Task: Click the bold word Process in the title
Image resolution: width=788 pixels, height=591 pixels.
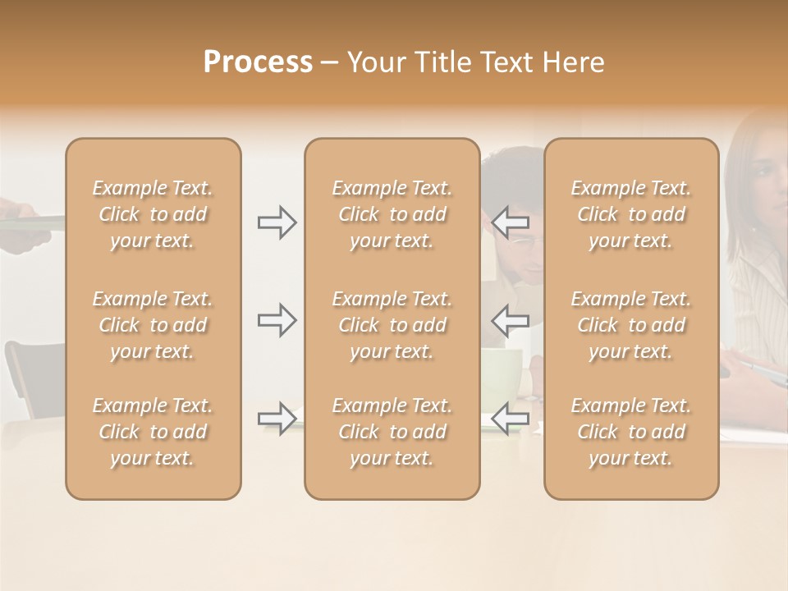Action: pyautogui.click(x=258, y=62)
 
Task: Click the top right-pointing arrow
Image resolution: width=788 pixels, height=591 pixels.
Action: pyautogui.click(x=277, y=222)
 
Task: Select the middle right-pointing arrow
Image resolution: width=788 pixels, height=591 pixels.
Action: pyautogui.click(x=277, y=320)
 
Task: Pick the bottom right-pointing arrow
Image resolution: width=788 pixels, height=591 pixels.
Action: pyautogui.click(x=277, y=418)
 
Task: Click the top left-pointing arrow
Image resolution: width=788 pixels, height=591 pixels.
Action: pyautogui.click(x=511, y=222)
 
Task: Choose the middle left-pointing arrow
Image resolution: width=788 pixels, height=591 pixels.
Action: pyautogui.click(x=511, y=320)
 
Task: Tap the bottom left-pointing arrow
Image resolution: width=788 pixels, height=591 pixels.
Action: pyautogui.click(x=511, y=418)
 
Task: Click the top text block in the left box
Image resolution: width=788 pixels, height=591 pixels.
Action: pyautogui.click(x=153, y=214)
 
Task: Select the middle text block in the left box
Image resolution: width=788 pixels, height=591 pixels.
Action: pyautogui.click(x=153, y=325)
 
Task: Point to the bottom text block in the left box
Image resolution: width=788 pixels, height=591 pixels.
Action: pyautogui.click(x=153, y=432)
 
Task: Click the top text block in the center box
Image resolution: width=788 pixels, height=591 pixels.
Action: pyautogui.click(x=392, y=214)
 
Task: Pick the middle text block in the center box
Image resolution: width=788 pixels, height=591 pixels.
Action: pyautogui.click(x=392, y=325)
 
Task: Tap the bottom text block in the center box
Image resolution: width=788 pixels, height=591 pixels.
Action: pyautogui.click(x=392, y=432)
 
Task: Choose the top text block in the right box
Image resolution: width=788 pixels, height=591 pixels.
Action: pyautogui.click(x=631, y=214)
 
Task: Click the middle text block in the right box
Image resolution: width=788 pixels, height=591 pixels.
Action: pyautogui.click(x=631, y=325)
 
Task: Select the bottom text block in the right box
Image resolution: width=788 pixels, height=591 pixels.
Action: pyautogui.click(x=631, y=432)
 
